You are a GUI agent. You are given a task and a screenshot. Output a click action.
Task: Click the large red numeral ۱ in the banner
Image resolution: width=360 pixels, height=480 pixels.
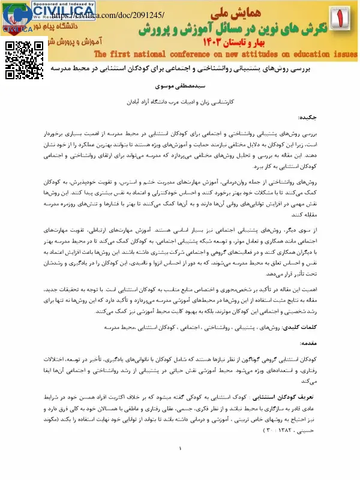(344, 20)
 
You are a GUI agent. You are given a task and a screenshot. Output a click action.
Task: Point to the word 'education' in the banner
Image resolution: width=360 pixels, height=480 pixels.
(310, 56)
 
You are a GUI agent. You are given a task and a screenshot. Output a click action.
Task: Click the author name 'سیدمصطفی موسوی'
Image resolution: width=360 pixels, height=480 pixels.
(180, 87)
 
